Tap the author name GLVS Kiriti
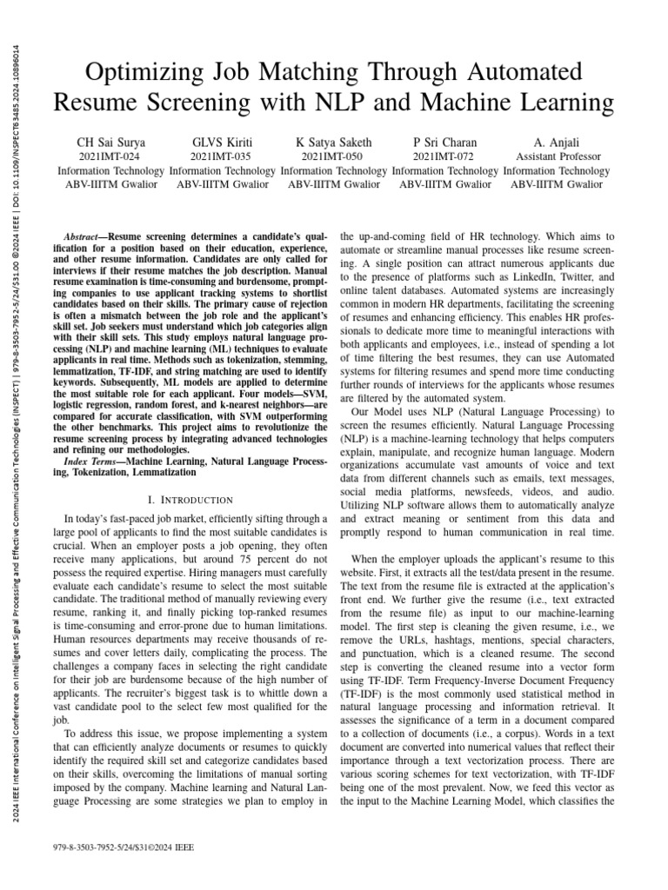click(219, 143)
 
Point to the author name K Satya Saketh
click(334, 143)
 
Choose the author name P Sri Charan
click(444, 143)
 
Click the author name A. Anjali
click(556, 143)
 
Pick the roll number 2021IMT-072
click(444, 157)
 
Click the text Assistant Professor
click(556, 157)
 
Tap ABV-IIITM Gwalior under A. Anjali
click(556, 184)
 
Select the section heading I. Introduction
click(190, 499)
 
